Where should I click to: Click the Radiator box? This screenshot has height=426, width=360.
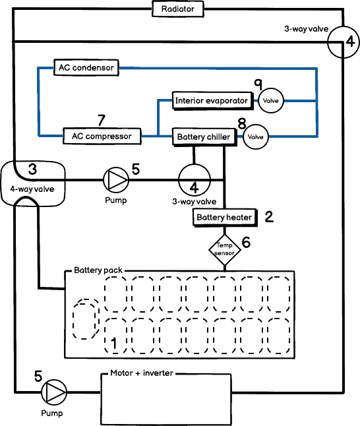(x=177, y=9)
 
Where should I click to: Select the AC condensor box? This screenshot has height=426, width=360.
(x=86, y=67)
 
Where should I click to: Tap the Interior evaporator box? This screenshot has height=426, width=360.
(x=212, y=101)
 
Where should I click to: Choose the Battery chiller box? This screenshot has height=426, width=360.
(x=204, y=137)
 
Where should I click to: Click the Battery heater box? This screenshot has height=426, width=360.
(x=224, y=217)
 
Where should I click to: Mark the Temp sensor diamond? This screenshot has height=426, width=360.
(x=225, y=249)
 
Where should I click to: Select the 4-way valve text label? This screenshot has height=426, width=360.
(x=32, y=189)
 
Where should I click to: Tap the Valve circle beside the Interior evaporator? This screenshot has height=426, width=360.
(x=270, y=101)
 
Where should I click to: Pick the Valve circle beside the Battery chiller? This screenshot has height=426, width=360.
(x=255, y=137)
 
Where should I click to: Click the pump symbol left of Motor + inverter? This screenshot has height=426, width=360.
(x=54, y=393)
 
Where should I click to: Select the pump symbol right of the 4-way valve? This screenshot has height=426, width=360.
(x=116, y=179)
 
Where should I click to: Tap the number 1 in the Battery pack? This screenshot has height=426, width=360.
(x=113, y=343)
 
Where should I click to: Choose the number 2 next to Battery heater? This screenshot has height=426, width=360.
(x=268, y=216)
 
